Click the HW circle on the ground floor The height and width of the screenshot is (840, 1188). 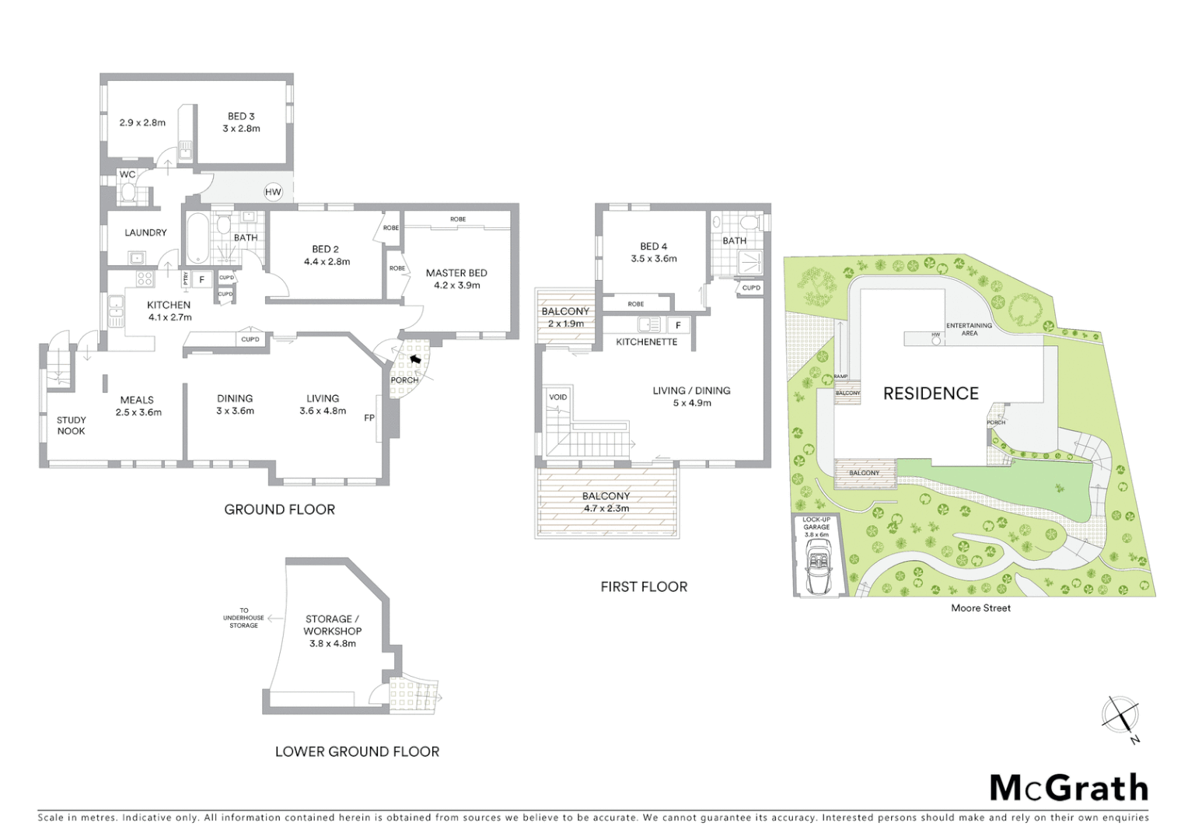point(273,192)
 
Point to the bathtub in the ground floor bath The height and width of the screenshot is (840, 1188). point(195,237)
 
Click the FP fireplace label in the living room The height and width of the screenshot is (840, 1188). point(369,418)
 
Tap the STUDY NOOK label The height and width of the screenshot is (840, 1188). point(71,425)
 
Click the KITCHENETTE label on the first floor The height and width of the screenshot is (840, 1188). point(646,341)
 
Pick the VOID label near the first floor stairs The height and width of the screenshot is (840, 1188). point(557,397)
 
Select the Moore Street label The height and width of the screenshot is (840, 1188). point(980,608)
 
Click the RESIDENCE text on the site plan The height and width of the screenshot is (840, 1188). point(931,394)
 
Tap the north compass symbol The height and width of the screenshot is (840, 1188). point(1120,716)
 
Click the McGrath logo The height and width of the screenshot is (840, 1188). point(1068,788)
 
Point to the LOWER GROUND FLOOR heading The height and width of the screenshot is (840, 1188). point(357,751)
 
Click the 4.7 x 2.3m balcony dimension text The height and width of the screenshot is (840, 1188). point(606,509)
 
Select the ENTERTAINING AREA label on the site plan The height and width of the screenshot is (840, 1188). point(969,329)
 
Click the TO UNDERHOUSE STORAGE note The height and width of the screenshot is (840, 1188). point(243,618)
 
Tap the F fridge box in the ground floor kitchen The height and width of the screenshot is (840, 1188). point(201,279)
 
